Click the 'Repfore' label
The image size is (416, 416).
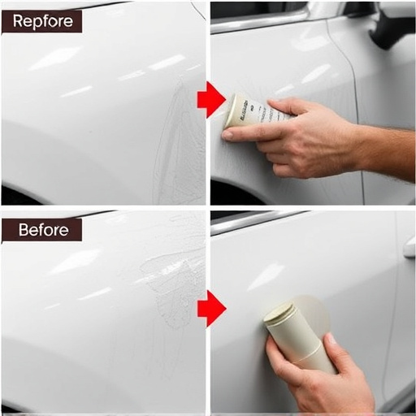click(x=41, y=21)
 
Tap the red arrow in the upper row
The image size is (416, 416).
click(x=210, y=99)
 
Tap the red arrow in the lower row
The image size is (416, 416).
click(x=210, y=307)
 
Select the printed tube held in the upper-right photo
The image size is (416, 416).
click(x=248, y=110)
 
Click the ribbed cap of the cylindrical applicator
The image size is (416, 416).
click(x=279, y=314)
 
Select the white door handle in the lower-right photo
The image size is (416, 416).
click(x=409, y=248)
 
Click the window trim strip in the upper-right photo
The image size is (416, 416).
click(x=260, y=19)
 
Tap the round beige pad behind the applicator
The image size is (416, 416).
click(x=313, y=313)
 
